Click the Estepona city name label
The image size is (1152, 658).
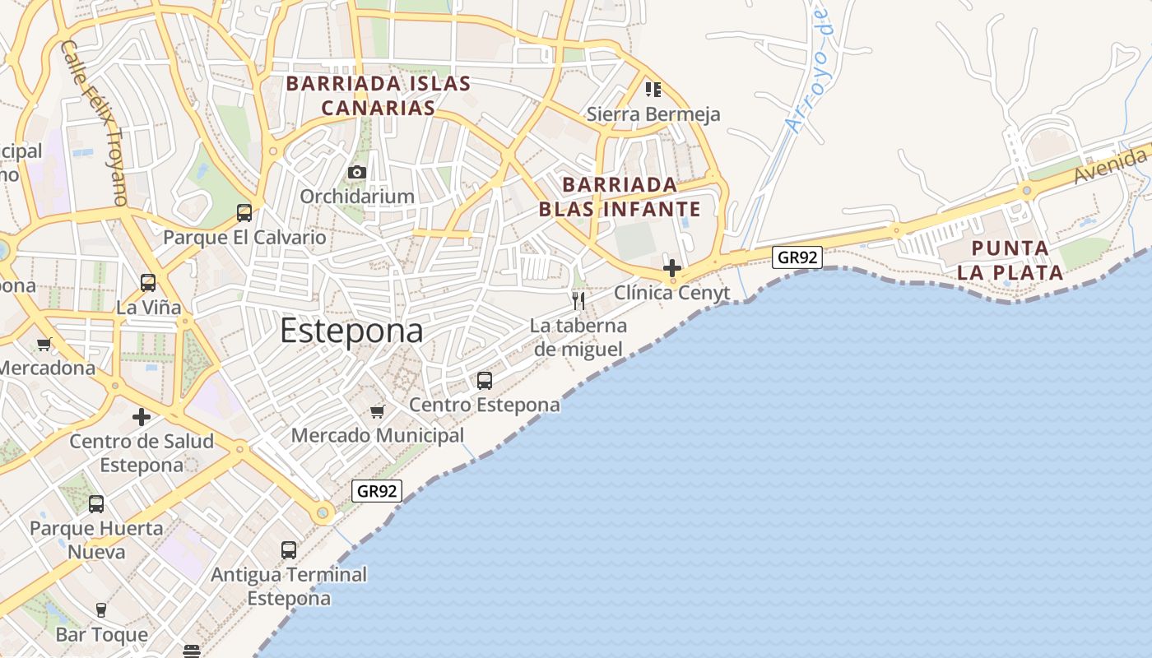tap(351, 331)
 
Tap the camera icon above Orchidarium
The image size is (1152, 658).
tap(356, 172)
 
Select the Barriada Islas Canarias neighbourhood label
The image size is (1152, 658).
tap(378, 95)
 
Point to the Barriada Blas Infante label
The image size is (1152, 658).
tap(620, 197)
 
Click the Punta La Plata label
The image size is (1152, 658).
tap(1010, 260)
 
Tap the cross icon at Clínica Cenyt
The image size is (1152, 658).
tap(672, 268)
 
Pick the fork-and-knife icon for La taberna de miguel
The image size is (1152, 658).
tap(578, 301)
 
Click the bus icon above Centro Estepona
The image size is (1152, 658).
tap(485, 381)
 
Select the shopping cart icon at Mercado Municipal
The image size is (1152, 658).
tap(378, 411)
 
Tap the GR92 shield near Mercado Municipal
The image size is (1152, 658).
tap(377, 491)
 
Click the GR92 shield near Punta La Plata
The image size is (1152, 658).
tap(797, 257)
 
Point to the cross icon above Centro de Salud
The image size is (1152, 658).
tap(142, 417)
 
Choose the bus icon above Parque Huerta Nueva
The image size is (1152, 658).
tap(96, 504)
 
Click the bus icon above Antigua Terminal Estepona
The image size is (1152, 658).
tap(289, 550)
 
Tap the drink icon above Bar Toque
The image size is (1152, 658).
tap(101, 610)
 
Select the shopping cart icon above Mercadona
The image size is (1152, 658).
tap(44, 345)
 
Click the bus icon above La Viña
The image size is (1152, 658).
tap(148, 283)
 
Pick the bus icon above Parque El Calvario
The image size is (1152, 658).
tap(244, 213)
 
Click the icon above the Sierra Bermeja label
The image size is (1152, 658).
tap(653, 89)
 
